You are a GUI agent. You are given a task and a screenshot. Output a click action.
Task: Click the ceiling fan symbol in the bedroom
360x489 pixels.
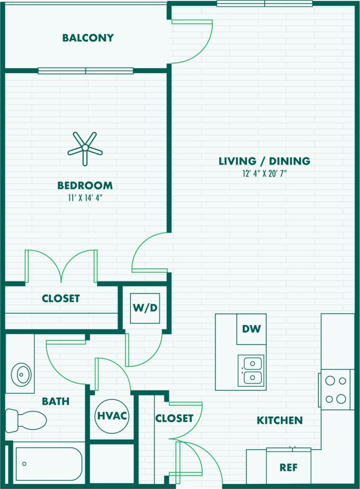pos(85,148)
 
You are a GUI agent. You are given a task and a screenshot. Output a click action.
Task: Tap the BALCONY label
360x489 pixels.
pos(88,38)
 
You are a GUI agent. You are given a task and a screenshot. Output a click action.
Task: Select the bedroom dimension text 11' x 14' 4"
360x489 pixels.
pos(85,198)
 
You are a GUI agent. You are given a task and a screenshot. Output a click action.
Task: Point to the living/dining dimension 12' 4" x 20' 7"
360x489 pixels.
pos(264,174)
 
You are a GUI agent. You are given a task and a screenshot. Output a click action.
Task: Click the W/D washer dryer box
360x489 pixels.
pos(145,308)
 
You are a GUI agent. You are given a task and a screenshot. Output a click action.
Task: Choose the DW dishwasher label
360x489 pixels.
pos(251,329)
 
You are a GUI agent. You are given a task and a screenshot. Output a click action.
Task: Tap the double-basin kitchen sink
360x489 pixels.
pos(251,370)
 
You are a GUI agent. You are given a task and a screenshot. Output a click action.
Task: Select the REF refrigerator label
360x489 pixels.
pos(288,468)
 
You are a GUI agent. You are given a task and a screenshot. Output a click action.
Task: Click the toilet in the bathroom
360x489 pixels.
pos(26,420)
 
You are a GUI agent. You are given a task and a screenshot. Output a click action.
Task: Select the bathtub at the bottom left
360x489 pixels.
pos(47,464)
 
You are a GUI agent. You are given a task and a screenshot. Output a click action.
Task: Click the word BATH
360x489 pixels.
pos(56,401)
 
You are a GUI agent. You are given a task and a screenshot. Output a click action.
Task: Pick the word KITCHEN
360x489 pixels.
pos(279,420)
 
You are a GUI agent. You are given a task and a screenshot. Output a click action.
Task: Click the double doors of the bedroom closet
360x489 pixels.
pos(61,266)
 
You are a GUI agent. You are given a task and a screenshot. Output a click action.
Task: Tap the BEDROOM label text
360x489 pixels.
pos(85,186)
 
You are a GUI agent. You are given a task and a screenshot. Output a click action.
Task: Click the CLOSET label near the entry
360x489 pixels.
pos(174,418)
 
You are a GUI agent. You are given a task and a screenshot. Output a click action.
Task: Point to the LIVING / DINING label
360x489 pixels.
pos(264,161)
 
